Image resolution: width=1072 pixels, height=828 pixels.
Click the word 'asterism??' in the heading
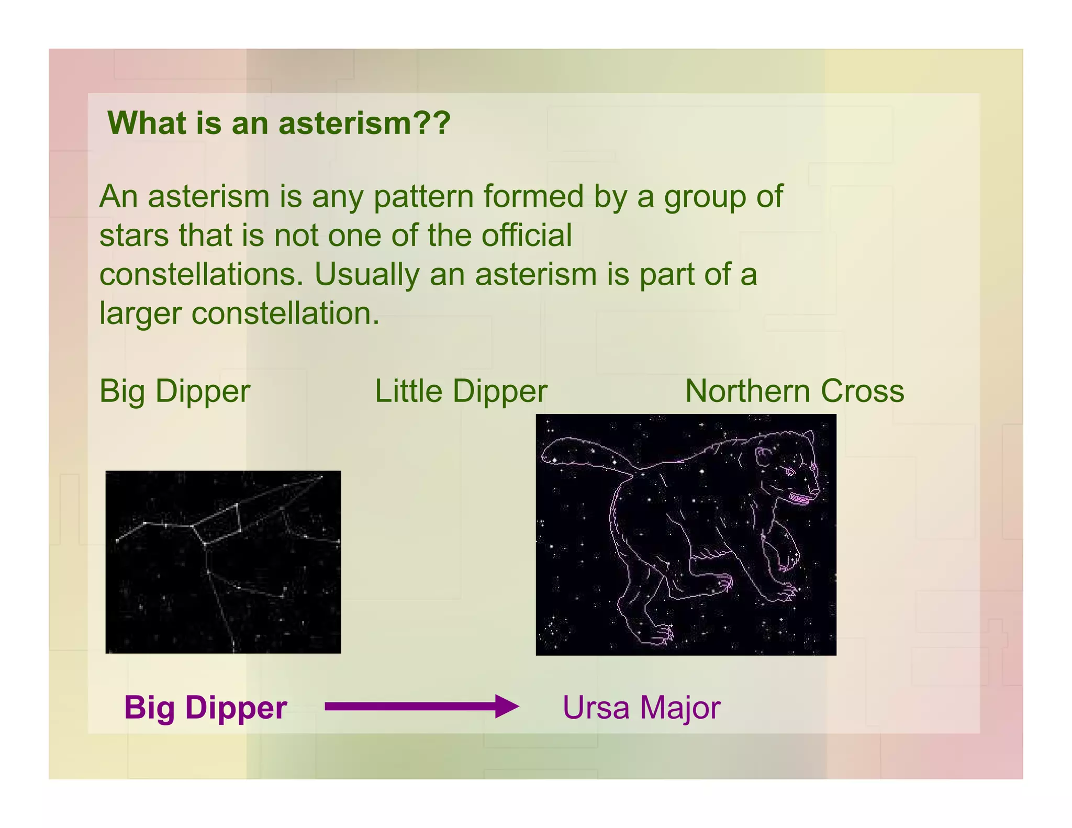click(364, 124)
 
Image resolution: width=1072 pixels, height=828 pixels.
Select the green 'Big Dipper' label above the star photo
click(175, 391)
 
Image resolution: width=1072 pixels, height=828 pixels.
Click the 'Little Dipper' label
click(461, 391)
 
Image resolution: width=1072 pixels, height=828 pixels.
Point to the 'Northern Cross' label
click(794, 391)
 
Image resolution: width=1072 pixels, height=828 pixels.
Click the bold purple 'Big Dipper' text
click(205, 708)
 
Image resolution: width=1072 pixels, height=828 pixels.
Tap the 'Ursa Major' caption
click(641, 708)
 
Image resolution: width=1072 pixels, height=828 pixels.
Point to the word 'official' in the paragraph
click(526, 236)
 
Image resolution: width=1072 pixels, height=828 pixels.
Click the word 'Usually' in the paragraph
click(366, 275)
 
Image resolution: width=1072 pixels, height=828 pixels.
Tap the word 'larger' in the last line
click(140, 314)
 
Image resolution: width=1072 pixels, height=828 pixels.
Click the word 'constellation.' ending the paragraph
click(285, 314)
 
